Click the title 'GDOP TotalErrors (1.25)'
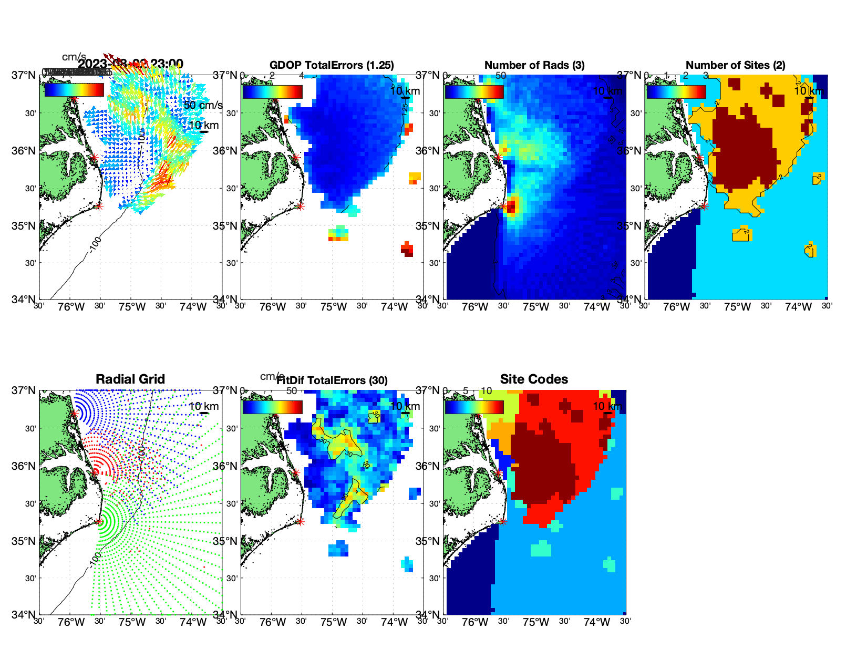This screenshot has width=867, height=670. pos(332,65)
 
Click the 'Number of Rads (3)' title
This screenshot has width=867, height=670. pos(534,65)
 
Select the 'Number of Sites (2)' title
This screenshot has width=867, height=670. pos(736,65)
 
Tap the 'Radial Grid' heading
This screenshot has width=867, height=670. pos(130,379)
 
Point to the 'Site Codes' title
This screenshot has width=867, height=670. pos(534,379)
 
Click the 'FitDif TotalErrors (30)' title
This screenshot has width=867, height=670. pos(332,380)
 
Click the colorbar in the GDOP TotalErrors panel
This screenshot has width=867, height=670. pos(273,91)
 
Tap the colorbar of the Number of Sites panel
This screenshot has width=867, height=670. pos(676,91)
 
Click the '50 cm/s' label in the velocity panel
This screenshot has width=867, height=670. pos(203,105)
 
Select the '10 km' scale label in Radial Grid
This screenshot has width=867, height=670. pos(204,406)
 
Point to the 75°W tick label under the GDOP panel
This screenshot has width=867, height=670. pos(334,307)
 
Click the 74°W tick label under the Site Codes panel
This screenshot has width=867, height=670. pos(597,622)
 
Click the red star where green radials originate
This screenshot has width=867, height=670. pos(99,521)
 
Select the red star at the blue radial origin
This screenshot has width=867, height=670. pos(74,414)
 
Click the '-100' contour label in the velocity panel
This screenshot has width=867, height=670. pos(95,244)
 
